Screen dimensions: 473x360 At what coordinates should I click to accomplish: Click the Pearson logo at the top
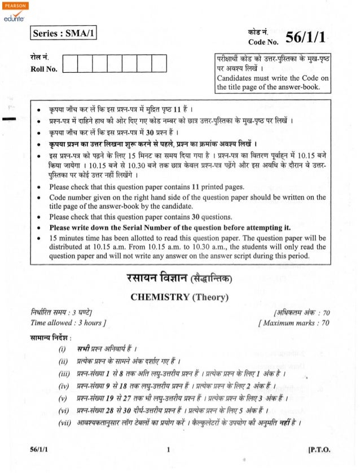pyautogui.click(x=12, y=5)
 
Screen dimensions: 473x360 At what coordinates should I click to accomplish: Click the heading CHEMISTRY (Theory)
pyautogui.click(x=180, y=297)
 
